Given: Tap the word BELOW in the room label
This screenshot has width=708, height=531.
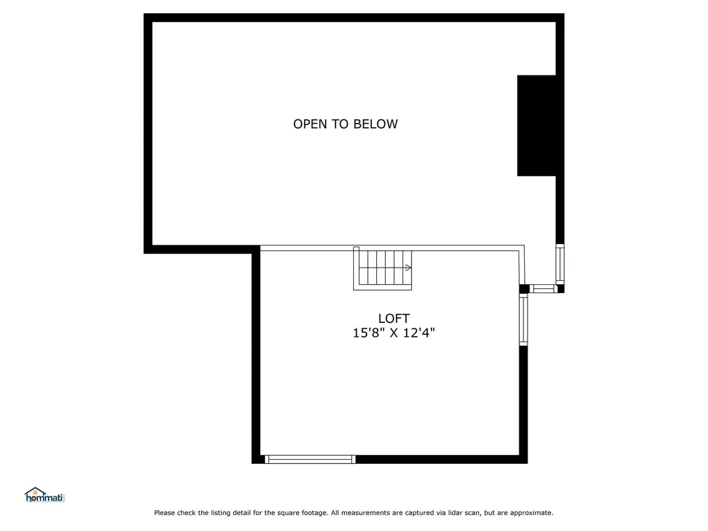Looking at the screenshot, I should click(x=375, y=124).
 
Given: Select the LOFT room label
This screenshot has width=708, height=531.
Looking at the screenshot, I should click(x=393, y=319).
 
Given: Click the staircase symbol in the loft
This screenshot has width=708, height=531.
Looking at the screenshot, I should click(x=383, y=268).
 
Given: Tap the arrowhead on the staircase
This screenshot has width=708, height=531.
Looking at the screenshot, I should click(x=409, y=268).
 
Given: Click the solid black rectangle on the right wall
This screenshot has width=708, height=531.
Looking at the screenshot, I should click(x=537, y=125).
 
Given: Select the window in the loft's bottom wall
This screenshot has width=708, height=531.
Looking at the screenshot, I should click(x=310, y=459).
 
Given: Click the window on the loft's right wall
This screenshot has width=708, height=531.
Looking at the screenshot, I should click(x=523, y=320).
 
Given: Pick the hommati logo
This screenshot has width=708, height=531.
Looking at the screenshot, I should click(x=44, y=495).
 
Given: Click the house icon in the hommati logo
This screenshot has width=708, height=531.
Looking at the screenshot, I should click(x=35, y=492).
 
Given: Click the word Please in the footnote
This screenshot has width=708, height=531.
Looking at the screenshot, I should click(x=165, y=513).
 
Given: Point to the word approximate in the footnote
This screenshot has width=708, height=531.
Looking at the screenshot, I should click(x=530, y=513).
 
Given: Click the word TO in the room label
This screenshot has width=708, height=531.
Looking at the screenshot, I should click(x=341, y=124).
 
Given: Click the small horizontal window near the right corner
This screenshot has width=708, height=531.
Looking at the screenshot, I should click(x=543, y=288).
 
